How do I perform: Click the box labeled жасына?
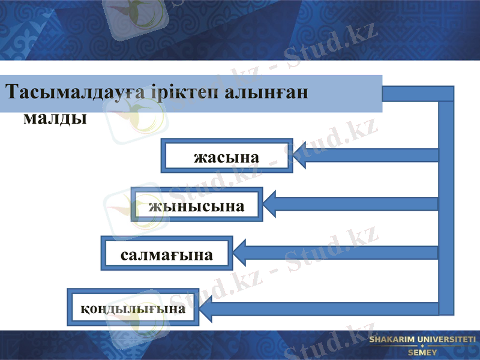pyautogui.click(x=226, y=157)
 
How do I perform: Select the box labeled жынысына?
pyautogui.click(x=196, y=205)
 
